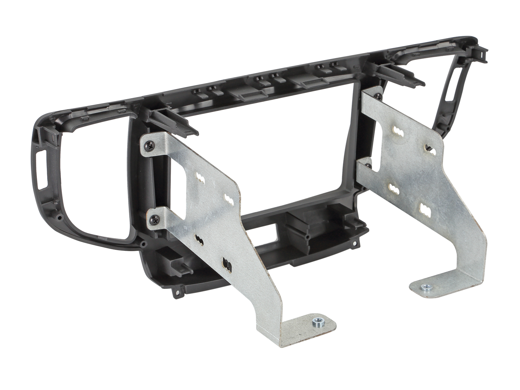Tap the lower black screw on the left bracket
click(x=153, y=220)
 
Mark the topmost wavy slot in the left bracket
click(x=200, y=178)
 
